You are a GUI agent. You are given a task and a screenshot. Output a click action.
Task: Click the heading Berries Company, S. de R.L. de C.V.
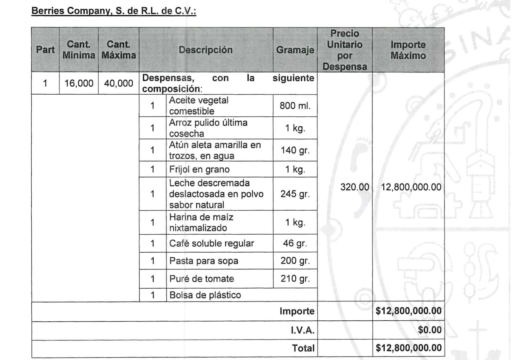click(x=114, y=11)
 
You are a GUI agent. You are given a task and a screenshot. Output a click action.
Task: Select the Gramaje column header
click(x=295, y=50)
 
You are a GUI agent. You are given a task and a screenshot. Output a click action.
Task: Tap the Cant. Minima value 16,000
click(x=79, y=83)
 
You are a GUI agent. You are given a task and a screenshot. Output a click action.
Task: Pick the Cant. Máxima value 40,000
click(x=118, y=83)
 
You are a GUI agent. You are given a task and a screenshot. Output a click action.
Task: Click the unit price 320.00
click(x=355, y=187)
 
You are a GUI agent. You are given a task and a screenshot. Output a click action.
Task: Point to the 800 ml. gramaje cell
click(x=295, y=106)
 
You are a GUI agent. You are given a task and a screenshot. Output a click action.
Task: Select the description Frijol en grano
click(x=199, y=169)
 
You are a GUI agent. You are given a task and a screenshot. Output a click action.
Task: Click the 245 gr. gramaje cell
click(x=295, y=194)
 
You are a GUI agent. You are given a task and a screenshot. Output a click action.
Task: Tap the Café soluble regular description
click(x=212, y=244)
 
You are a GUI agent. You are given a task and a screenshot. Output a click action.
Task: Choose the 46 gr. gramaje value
click(x=295, y=244)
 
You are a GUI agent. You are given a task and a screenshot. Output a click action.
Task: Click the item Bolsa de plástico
click(x=205, y=295)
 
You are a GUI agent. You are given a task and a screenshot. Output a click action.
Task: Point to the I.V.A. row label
click(x=302, y=330)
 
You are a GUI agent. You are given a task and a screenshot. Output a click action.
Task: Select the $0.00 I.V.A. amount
click(x=429, y=330)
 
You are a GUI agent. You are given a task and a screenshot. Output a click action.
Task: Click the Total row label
click(x=303, y=348)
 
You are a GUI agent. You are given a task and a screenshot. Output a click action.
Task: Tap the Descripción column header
click(x=205, y=50)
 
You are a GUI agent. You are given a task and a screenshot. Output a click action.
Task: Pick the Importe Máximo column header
click(x=408, y=50)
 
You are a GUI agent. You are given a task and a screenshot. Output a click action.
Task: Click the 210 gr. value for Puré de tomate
click(x=295, y=279)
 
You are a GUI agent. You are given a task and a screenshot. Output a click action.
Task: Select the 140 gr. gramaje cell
click(x=295, y=150)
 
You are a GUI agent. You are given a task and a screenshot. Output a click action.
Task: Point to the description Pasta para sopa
click(x=204, y=261)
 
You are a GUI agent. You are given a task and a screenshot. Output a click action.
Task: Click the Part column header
click(x=45, y=50)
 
